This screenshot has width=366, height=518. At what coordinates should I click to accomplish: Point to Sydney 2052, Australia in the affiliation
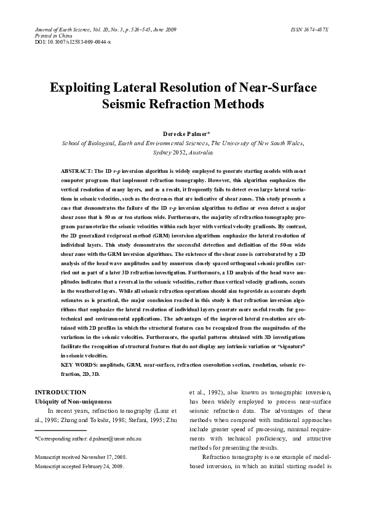pyautogui.click(x=183, y=151)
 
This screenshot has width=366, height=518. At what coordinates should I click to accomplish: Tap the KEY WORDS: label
pyautogui.click(x=82, y=365)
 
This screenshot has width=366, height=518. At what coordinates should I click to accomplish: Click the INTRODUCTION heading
pyautogui.click(x=61, y=392)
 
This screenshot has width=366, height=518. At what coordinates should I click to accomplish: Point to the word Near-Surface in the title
pyautogui.click(x=279, y=87)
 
